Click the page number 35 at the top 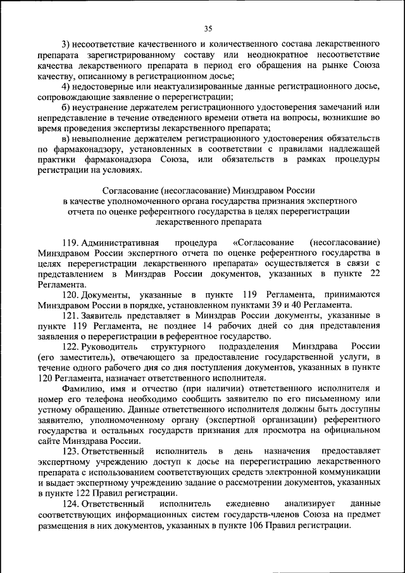[208, 28]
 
